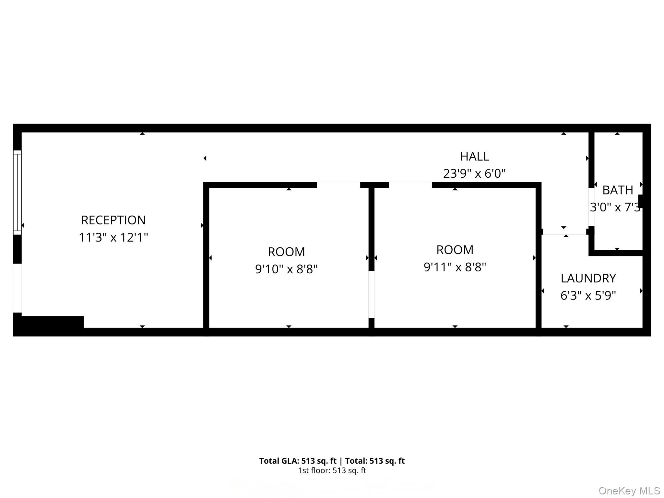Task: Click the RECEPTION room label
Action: [x=113, y=220]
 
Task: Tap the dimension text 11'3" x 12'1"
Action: [x=113, y=237]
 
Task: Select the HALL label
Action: [x=474, y=157]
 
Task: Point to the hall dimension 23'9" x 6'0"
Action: [x=474, y=174]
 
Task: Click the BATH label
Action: [x=618, y=190]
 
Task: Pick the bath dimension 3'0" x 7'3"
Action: [x=615, y=207]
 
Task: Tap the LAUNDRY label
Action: [x=588, y=278]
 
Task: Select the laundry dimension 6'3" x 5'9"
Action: [x=588, y=295]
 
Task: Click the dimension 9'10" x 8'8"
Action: [x=286, y=269]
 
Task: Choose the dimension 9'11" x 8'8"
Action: [x=455, y=267]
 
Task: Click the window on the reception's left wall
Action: [x=17, y=192]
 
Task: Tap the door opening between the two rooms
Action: [x=372, y=294]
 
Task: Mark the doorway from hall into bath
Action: [x=591, y=207]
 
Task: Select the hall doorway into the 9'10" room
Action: [x=338, y=185]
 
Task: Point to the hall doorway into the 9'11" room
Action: [x=410, y=185]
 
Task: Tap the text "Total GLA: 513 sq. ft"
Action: [x=298, y=461]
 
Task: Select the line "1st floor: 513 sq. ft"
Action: [x=332, y=470]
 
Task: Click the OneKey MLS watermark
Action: [x=629, y=491]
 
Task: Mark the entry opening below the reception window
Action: [x=17, y=288]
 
